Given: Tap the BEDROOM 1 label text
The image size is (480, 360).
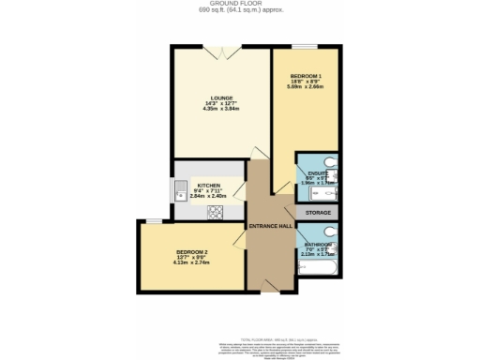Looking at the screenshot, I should pyautogui.click(x=306, y=74).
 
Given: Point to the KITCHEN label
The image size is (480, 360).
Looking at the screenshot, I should pyautogui.click(x=208, y=186).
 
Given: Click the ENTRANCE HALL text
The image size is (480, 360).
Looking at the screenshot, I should pyautogui.click(x=269, y=227).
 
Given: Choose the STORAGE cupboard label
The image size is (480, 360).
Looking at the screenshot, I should pyautogui.click(x=318, y=213).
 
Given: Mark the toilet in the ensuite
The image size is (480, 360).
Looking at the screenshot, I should pyautogui.click(x=329, y=161).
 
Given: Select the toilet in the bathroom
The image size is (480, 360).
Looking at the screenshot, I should pyautogui.click(x=330, y=231).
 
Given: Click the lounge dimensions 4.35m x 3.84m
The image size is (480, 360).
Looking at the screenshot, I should pyautogui.click(x=222, y=108).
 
